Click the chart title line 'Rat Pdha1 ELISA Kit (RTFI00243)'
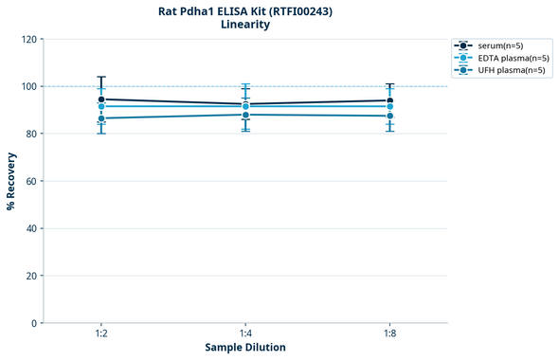(245, 11)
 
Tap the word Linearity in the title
(245, 25)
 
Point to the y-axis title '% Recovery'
(11, 180)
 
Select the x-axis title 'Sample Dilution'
(245, 347)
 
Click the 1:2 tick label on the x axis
(101, 333)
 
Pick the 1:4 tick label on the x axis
(245, 333)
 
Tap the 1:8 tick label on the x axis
(389, 333)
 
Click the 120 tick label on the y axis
(28, 39)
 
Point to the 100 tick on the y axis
(28, 86)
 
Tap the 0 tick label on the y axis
(34, 323)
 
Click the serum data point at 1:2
(101, 99)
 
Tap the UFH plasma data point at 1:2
(101, 118)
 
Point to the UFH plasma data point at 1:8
(389, 116)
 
